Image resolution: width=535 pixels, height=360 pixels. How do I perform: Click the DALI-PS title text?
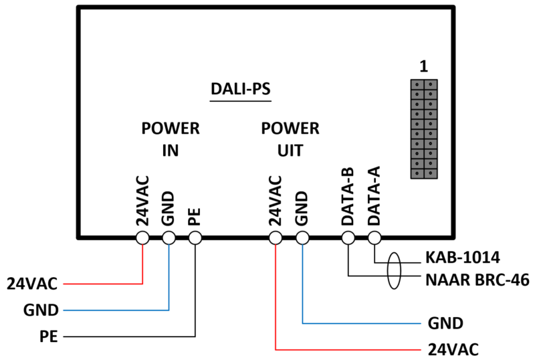241,89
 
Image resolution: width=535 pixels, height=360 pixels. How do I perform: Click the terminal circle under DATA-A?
374,238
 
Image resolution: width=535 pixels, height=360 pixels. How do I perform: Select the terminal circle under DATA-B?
348,238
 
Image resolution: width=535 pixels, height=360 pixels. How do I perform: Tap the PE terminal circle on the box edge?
195,238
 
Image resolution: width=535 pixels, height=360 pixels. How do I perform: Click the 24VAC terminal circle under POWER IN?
142,238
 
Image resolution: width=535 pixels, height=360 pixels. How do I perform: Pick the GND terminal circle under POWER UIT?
302,238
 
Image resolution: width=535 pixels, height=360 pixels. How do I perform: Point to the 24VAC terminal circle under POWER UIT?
276,238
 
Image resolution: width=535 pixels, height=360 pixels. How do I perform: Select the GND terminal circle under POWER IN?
169,238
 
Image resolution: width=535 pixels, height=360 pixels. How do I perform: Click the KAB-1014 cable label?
463,258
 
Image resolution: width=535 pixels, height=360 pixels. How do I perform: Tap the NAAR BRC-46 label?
477,280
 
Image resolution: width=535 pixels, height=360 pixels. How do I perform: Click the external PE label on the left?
49,337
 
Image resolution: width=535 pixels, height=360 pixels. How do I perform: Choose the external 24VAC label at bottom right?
453,349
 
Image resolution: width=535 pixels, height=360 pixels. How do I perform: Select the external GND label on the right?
445,323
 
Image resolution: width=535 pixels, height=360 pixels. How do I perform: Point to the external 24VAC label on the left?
32,284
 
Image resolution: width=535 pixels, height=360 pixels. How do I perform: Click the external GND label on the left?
41,310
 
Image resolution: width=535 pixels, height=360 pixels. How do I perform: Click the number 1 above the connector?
424,66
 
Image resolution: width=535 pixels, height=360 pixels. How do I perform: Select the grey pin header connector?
424,129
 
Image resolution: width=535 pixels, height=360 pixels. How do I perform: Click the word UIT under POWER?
290,151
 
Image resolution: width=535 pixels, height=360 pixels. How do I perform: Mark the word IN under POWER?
171,151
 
